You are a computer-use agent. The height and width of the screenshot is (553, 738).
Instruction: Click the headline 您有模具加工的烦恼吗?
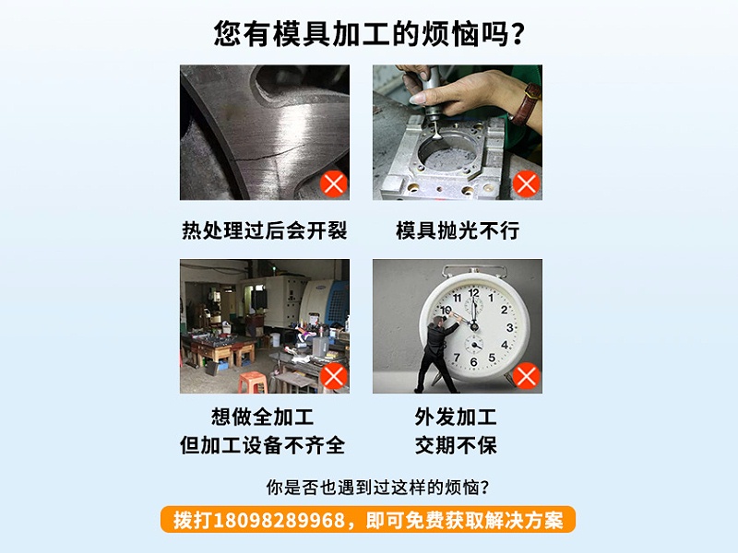click(x=369, y=34)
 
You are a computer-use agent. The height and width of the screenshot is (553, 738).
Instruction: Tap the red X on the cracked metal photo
click(x=333, y=183)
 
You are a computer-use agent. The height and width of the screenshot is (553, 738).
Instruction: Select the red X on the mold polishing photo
click(x=527, y=183)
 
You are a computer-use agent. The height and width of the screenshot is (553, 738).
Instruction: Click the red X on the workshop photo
click(x=333, y=376)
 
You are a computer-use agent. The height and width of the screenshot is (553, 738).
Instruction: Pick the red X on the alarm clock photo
click(x=527, y=376)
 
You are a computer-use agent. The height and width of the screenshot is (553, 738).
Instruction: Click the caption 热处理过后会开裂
click(x=264, y=230)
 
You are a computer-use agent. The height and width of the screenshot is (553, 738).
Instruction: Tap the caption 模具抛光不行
click(x=458, y=230)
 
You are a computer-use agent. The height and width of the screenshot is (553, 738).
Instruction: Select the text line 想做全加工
click(x=264, y=417)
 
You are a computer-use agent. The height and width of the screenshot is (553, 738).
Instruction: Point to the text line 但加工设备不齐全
click(x=263, y=445)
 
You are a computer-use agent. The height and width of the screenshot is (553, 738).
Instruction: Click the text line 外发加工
click(x=457, y=417)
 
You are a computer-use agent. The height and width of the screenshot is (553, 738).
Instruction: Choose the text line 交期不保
click(x=457, y=445)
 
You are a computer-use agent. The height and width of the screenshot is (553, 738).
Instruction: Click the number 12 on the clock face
click(x=474, y=293)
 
